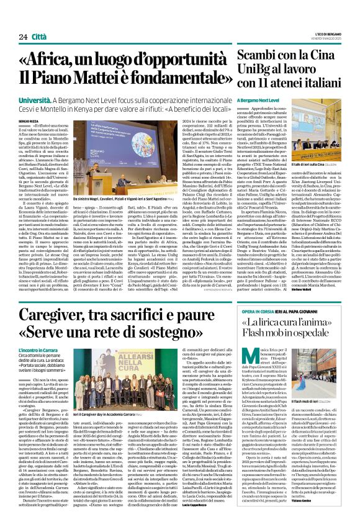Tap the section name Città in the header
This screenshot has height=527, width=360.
(x=38, y=20)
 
